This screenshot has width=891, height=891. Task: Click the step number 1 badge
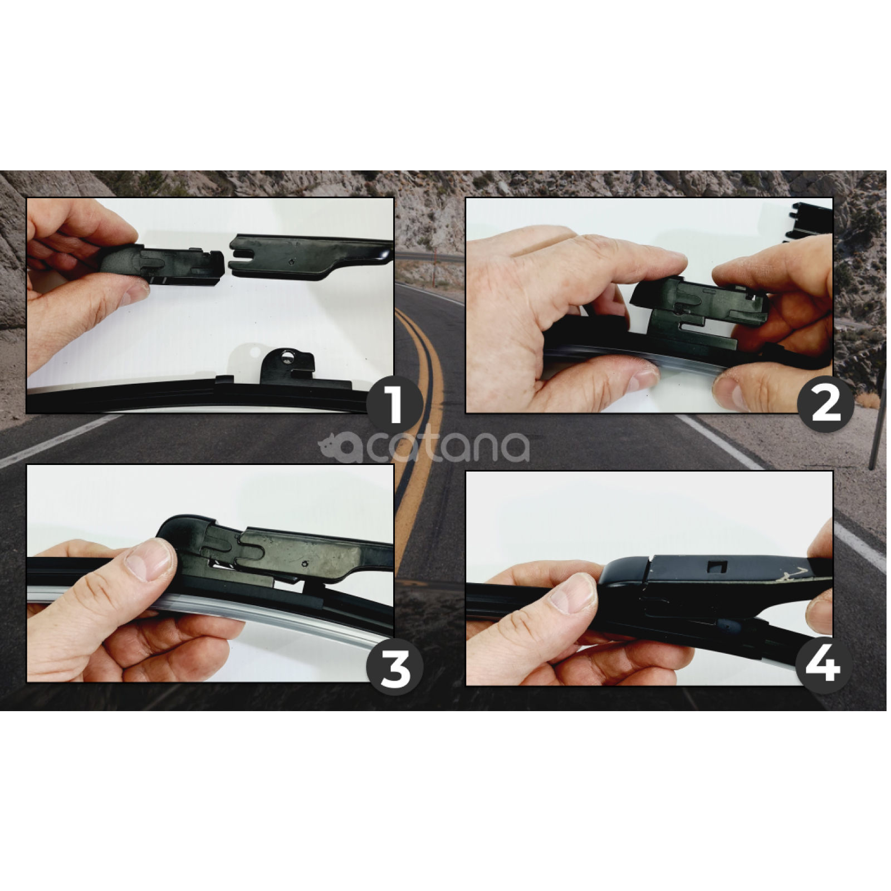point(395,405)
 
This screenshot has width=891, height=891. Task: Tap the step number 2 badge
point(825,405)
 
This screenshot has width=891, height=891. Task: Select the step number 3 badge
point(395,668)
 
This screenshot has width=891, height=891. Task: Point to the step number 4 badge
point(823,665)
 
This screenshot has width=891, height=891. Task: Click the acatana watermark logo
point(424,445)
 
